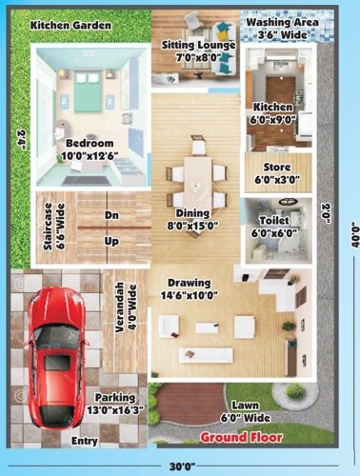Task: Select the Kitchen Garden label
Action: click(x=70, y=24)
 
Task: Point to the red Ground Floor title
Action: click(x=241, y=437)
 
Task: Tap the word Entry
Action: click(x=86, y=441)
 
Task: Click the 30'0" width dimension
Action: click(x=181, y=466)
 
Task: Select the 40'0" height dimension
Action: click(x=351, y=232)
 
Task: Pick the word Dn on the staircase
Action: click(x=111, y=215)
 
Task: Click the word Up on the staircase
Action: click(x=111, y=242)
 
